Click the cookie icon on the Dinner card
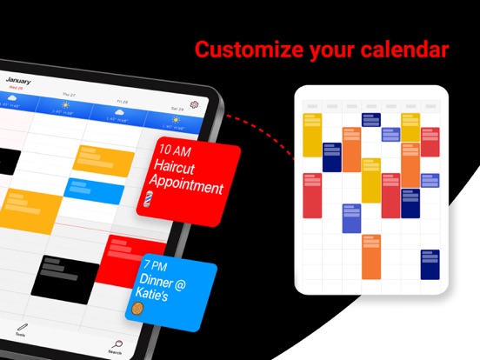point(137,308)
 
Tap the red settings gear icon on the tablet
point(195,104)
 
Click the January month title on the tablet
point(18,81)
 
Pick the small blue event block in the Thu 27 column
point(97,190)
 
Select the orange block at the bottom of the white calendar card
point(370,256)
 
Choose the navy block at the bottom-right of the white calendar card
point(430,264)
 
